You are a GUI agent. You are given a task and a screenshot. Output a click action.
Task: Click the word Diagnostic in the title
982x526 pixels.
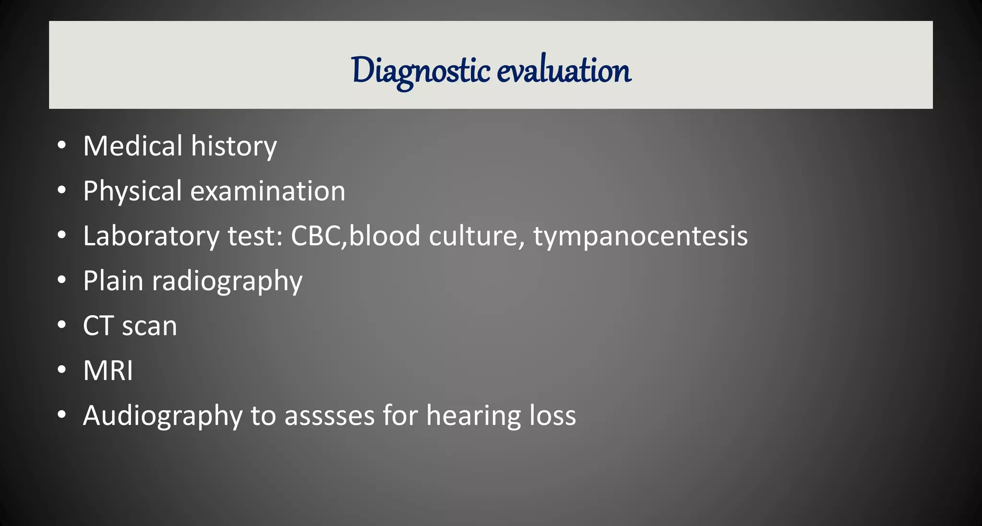[x=421, y=71]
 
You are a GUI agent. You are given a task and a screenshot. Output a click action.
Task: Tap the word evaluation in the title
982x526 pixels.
[x=564, y=71]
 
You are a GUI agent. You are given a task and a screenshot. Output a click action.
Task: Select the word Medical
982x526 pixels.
[x=133, y=146]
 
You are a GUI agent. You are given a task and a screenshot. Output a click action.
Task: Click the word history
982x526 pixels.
[x=234, y=147]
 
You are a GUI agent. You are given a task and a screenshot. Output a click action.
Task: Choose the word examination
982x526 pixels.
[x=268, y=191]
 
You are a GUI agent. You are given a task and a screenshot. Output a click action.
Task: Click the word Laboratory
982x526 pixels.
[x=151, y=236]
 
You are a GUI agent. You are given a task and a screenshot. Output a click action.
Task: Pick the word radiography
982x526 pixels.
[x=227, y=281]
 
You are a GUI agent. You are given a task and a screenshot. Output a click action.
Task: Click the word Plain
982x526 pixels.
[x=113, y=281]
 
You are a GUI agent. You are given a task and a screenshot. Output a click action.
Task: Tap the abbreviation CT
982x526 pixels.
[x=98, y=326]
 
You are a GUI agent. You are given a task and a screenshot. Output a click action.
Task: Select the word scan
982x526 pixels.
[x=150, y=327]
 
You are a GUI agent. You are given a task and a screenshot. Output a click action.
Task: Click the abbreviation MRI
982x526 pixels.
[x=108, y=371]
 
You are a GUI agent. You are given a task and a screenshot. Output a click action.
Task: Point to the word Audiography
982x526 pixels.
[x=163, y=416]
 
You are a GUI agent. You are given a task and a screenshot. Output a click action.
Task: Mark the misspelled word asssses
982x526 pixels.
[x=329, y=416]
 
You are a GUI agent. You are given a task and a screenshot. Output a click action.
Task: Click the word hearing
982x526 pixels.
[x=474, y=416]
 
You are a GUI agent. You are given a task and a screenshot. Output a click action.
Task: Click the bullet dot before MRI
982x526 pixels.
[x=61, y=370]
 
